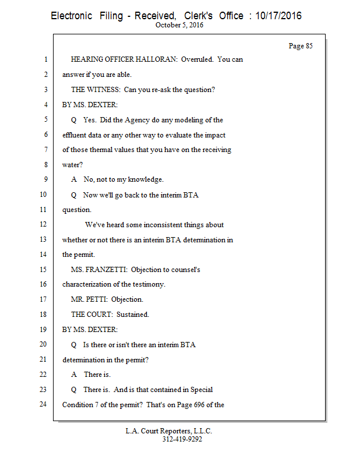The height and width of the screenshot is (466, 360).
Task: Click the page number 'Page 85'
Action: [x=301, y=46]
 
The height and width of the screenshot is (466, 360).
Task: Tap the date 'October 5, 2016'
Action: [x=179, y=26]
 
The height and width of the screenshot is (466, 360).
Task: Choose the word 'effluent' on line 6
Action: [x=75, y=135]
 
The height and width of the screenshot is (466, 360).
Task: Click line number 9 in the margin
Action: [x=44, y=180]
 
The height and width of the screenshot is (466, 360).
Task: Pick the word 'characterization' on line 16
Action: [x=89, y=285]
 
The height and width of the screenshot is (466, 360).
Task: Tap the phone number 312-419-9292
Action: [x=182, y=439]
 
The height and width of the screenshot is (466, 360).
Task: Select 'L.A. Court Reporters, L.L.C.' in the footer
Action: [x=169, y=431]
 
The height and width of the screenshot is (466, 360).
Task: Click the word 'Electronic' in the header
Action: [x=71, y=16]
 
